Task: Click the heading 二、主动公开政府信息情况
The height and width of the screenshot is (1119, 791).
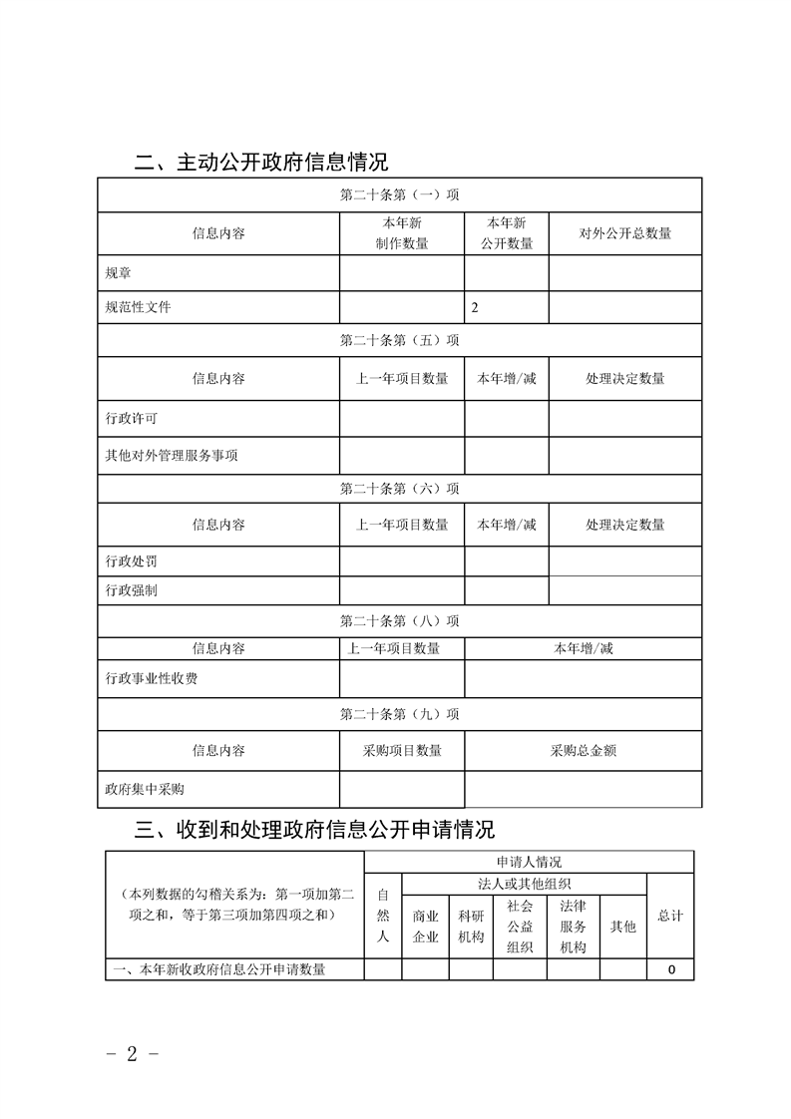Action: pos(261,162)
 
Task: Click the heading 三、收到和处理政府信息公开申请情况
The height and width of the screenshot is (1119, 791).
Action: pos(314,830)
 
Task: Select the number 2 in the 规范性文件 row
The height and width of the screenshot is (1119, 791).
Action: pos(475,308)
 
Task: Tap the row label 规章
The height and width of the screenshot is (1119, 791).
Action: pos(118,272)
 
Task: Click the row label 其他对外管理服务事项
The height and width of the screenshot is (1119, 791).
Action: pos(172,456)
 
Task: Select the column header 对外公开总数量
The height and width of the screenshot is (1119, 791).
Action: pos(625,233)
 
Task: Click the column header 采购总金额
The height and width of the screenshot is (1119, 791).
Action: pos(583,751)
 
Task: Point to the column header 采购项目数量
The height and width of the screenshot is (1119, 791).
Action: pos(401,751)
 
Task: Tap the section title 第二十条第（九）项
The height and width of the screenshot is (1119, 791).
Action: pos(399,714)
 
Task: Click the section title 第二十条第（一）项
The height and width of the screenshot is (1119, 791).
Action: pos(399,194)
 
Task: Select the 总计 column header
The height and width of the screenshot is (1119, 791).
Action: pos(670,916)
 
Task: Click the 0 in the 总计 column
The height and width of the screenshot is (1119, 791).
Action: pos(672,969)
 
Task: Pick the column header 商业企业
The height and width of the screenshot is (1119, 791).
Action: pos(426,927)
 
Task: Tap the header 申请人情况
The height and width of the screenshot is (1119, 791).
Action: pos(529,862)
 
